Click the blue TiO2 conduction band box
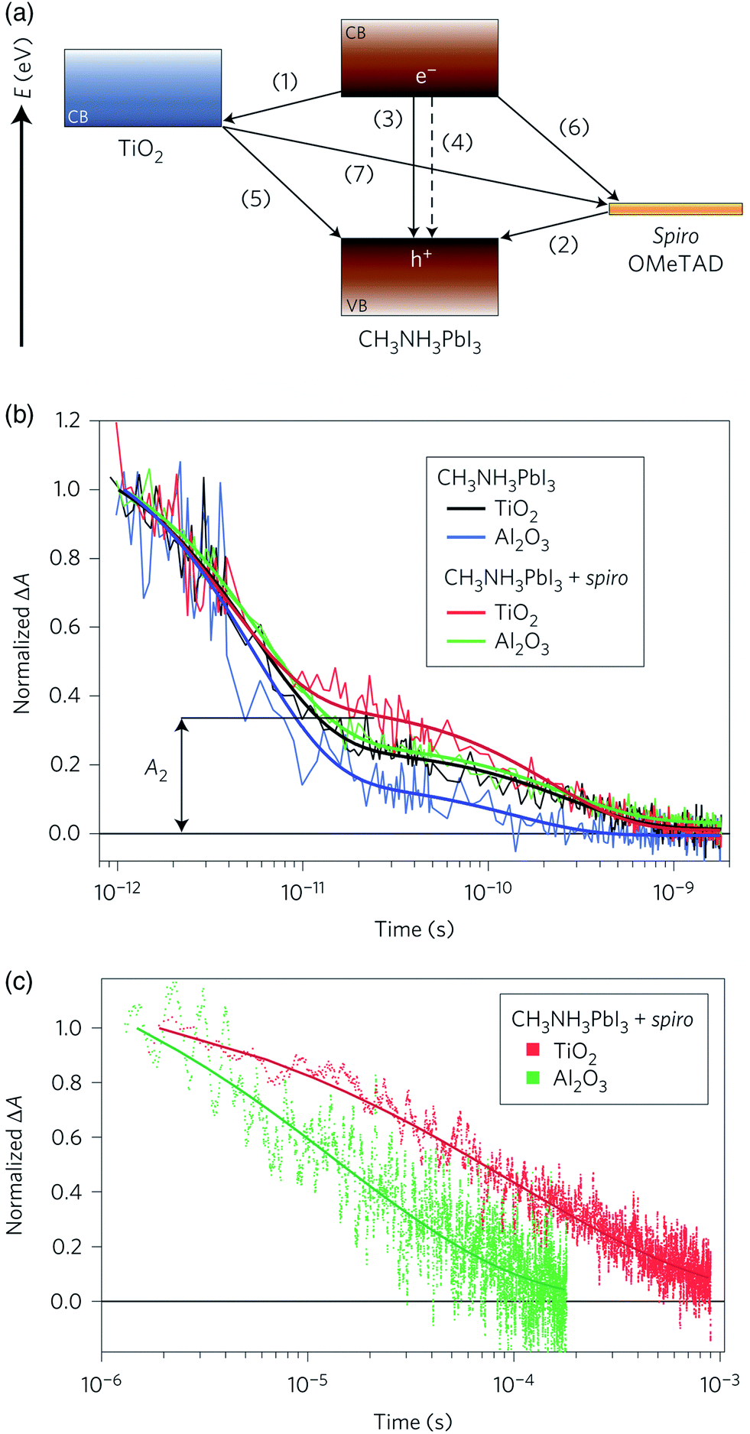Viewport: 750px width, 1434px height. click(x=143, y=88)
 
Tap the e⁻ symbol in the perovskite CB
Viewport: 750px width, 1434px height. click(x=426, y=76)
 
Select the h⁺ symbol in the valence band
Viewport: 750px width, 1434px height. click(x=421, y=259)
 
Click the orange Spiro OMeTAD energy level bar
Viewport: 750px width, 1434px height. click(x=675, y=209)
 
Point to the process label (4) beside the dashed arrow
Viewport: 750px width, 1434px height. click(x=457, y=142)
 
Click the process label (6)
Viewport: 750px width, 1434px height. click(x=574, y=127)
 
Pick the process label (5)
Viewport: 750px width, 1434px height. click(x=256, y=199)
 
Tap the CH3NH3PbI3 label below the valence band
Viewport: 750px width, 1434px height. click(x=420, y=340)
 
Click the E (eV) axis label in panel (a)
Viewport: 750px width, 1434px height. click(x=24, y=70)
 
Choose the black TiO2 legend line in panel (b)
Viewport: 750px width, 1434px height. click(x=466, y=508)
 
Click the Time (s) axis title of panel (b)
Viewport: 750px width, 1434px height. click(x=414, y=929)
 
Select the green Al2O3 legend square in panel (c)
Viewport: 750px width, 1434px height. click(x=533, y=1079)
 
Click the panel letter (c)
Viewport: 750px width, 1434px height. click(x=18, y=981)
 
